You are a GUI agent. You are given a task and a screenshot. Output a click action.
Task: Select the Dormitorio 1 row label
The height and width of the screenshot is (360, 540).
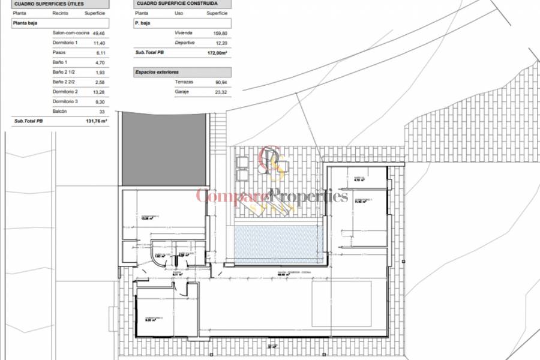click(65, 43)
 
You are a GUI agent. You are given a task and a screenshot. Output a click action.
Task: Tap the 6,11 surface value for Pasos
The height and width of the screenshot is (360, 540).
click(100, 53)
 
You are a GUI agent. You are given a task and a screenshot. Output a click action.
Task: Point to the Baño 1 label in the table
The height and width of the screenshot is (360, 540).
click(60, 62)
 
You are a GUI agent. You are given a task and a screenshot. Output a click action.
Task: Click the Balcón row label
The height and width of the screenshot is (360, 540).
click(59, 111)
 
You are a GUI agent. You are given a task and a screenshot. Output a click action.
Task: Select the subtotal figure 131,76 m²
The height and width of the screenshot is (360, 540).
click(95, 121)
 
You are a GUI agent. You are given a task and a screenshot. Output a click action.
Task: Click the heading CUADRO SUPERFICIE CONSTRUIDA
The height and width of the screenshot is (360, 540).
click(168, 3)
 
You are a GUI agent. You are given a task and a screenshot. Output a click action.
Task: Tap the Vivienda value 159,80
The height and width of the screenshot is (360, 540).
click(221, 33)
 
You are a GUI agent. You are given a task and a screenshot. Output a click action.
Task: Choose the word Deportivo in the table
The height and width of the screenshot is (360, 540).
click(185, 43)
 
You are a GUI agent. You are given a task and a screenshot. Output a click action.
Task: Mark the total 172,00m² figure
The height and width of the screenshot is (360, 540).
click(218, 53)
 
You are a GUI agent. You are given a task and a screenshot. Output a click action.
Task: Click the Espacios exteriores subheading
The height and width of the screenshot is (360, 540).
click(157, 71)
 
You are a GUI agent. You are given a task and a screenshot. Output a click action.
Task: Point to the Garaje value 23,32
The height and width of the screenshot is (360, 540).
click(221, 91)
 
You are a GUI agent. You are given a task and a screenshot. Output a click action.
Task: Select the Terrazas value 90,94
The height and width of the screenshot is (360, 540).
click(221, 82)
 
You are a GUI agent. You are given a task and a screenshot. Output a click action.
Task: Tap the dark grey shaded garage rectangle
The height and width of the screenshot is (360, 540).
click(165, 150)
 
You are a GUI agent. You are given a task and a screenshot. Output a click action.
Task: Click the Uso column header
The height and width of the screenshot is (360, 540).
click(179, 13)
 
